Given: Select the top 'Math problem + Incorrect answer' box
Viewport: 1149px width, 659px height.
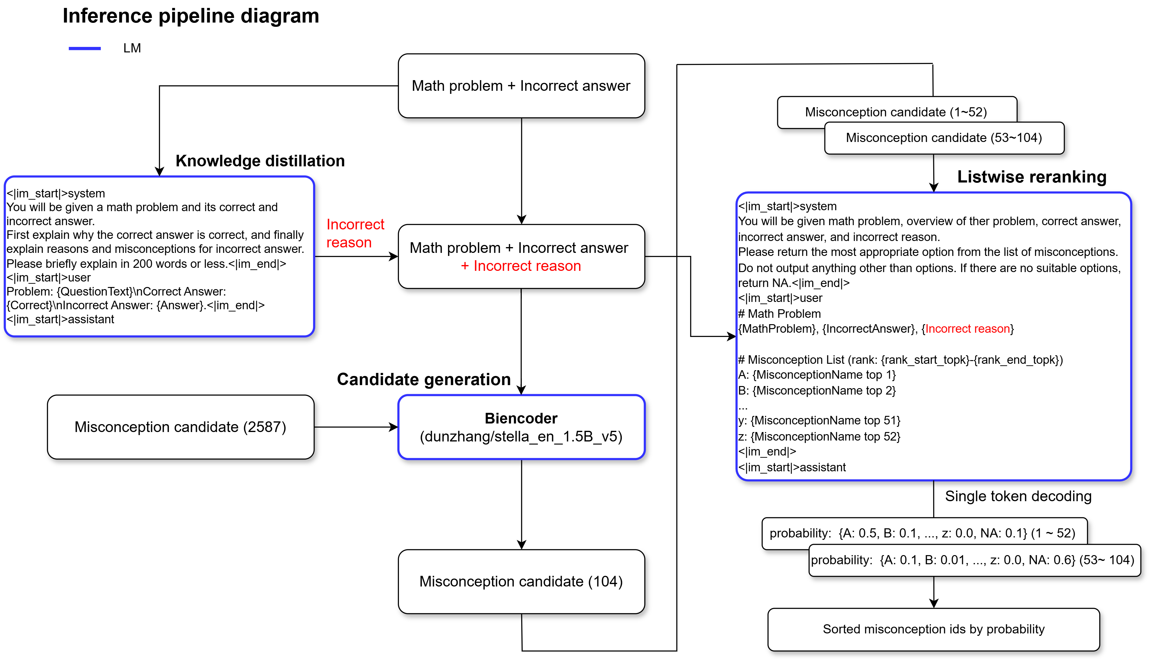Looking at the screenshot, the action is point(521,86).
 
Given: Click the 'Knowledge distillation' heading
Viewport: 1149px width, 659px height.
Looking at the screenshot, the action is point(260,161).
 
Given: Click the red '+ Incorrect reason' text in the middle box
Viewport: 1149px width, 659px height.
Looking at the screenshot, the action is point(521,266).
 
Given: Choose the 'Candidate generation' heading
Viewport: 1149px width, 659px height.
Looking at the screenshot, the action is point(424,379).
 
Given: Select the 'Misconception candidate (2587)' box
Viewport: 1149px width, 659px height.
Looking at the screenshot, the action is point(181,427).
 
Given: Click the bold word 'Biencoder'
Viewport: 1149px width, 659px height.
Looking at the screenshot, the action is point(521,418).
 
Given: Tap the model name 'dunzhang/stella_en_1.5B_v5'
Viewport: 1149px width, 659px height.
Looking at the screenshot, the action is point(521,436).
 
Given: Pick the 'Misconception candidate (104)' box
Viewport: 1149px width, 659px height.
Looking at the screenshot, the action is point(521,582).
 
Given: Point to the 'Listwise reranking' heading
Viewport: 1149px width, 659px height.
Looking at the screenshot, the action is point(1032,176).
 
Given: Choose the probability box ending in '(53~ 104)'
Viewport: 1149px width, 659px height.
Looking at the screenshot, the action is point(974,560).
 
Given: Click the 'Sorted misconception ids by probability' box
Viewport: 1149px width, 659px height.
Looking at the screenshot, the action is point(934,629).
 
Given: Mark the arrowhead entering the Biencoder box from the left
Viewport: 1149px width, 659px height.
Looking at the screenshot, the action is point(394,427).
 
